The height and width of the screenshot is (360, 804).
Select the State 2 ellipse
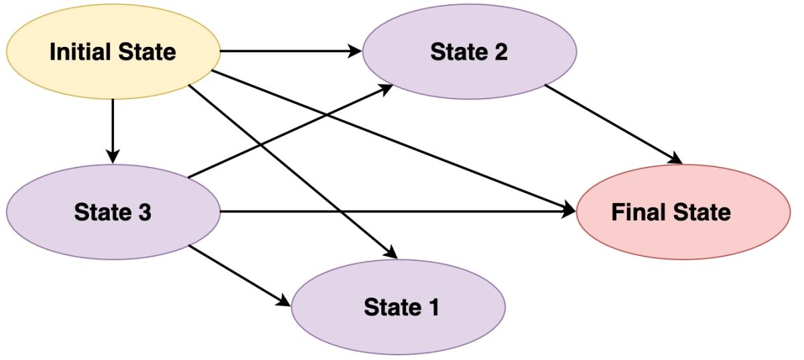[x=469, y=52]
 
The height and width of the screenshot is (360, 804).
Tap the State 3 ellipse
[x=113, y=213]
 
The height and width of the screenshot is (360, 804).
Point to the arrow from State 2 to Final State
[x=613, y=124]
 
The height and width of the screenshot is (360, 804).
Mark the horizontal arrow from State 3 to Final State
[x=395, y=213]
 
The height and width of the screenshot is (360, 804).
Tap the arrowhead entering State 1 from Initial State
[x=391, y=253]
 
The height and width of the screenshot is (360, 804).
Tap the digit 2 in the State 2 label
[x=500, y=52]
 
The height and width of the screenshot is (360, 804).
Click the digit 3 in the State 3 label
[x=143, y=213]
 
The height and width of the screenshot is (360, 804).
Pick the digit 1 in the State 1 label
[x=432, y=307]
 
